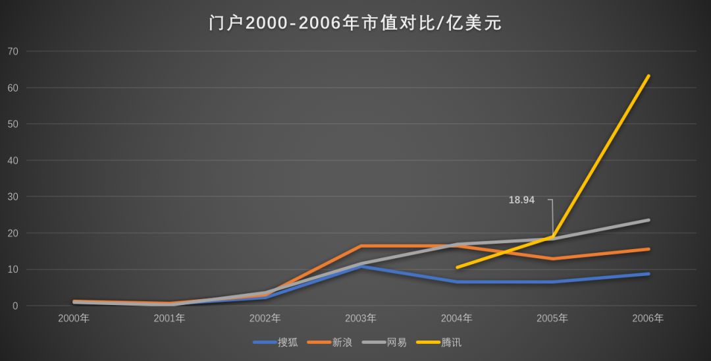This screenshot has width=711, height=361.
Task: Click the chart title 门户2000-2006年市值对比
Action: (x=355, y=23)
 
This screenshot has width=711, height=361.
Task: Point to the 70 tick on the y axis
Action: (x=13, y=51)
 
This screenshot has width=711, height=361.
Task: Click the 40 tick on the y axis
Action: (x=13, y=161)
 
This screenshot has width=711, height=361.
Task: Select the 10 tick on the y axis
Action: (x=13, y=269)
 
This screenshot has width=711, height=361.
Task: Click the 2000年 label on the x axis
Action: (x=74, y=318)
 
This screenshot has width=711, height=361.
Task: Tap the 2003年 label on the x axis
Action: (x=361, y=318)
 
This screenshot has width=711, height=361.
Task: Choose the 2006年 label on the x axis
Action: (x=648, y=318)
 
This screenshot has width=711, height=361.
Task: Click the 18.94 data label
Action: (x=521, y=200)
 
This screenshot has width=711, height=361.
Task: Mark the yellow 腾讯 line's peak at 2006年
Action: (x=648, y=76)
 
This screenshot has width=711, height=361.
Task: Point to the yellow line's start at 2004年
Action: (x=457, y=267)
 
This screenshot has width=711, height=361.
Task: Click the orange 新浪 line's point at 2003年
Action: (x=361, y=246)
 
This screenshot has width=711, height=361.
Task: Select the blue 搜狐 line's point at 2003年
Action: (x=361, y=266)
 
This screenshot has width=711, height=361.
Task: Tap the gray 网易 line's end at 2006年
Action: (x=648, y=220)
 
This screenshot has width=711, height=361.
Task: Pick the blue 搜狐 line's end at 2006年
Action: (x=648, y=274)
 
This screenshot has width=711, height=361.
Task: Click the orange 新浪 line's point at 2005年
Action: (x=552, y=259)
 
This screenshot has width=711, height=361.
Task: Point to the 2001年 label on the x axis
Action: (x=169, y=318)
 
